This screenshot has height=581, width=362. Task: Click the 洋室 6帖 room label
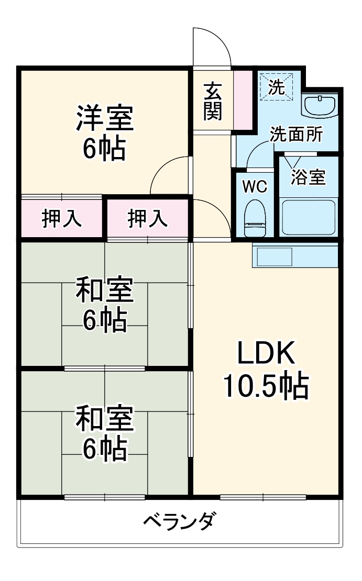105,133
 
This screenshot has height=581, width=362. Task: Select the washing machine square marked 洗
277,87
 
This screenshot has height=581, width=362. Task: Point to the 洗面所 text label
296,135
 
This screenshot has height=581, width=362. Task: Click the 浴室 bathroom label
308,177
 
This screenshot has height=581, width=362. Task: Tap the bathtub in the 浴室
308,217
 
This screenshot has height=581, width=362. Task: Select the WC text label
255,186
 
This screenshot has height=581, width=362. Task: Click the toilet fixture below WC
256,219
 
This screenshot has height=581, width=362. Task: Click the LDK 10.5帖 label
266,371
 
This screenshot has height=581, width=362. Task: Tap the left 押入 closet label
62,218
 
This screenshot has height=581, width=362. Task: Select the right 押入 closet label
147,218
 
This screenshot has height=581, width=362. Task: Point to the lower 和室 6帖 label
105,433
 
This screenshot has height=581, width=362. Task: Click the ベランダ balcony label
179,521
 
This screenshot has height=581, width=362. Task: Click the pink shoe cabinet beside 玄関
243,99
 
